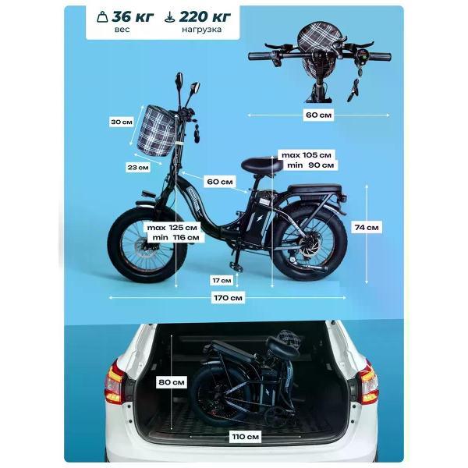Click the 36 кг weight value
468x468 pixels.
coord(133,16)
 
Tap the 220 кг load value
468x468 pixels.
coord(204,16)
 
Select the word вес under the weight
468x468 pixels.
coord(122,30)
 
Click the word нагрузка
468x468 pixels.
coord(202,30)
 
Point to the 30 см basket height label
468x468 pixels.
coord(122,122)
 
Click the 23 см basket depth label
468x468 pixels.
coord(138,168)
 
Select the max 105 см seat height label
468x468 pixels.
coord(307,155)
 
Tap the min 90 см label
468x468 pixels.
coord(310,165)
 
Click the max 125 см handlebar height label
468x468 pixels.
coord(172,228)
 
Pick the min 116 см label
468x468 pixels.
coord(175,238)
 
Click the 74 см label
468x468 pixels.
coord(367,228)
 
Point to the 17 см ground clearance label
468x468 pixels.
coord(222,281)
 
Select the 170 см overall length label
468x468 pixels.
coord(228,298)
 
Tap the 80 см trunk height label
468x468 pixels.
coord(172,382)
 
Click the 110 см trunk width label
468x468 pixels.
coord(246,437)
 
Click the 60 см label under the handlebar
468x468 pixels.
coord(319,115)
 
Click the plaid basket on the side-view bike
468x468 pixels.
coord(156,131)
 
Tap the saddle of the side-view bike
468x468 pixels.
coord(262,165)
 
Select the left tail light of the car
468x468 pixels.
coord(114,383)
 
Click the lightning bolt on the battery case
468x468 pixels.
coord(260,218)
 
